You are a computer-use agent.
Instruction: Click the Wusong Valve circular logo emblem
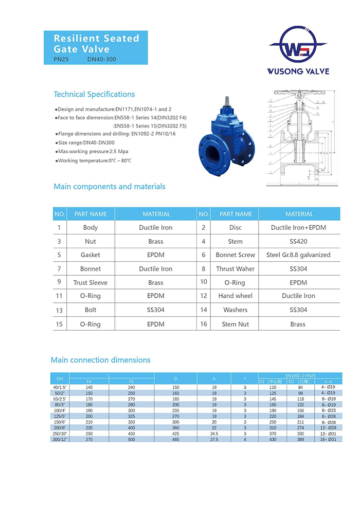[298, 45]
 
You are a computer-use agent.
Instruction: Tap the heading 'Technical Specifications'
[94, 95]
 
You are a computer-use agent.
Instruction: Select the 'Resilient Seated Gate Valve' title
[97, 44]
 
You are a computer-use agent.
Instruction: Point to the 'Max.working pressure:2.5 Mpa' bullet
[93, 151]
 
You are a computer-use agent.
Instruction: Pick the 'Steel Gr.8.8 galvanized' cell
[298, 255]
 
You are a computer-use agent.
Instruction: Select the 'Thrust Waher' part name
[236, 269]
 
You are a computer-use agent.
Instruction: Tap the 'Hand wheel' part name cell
[236, 296]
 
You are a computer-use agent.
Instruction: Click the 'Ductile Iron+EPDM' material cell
[298, 227]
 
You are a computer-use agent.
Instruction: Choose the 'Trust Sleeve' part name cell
[91, 283]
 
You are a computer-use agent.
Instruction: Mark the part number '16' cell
[204, 324]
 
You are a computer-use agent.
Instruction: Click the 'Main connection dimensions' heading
[100, 360]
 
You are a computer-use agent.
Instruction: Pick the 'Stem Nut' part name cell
[236, 324]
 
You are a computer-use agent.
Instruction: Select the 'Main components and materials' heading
[110, 187]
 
